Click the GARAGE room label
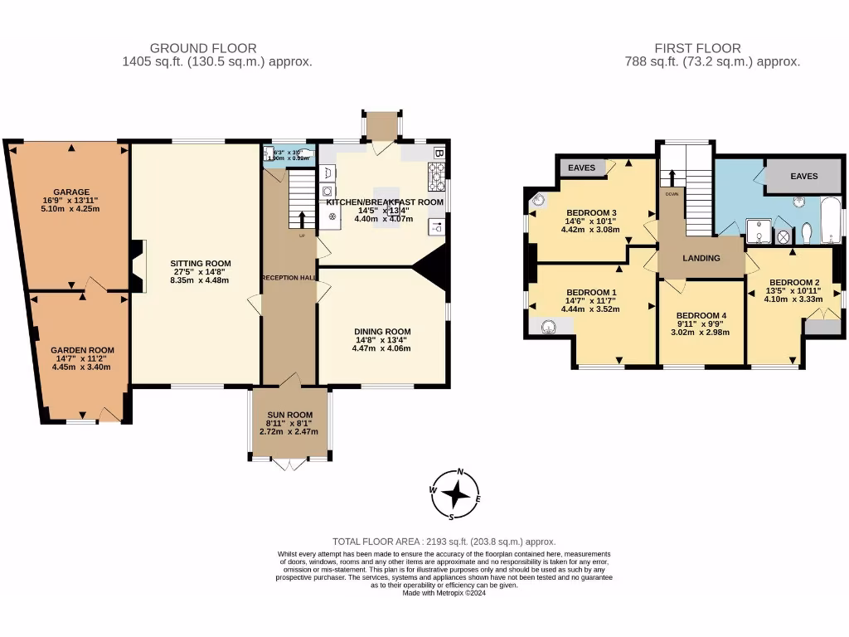pyautogui.click(x=71, y=192)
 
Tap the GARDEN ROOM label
pyautogui.click(x=82, y=350)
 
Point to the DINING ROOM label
pyautogui.click(x=383, y=332)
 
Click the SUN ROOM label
pyautogui.click(x=289, y=415)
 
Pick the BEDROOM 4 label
pyautogui.click(x=701, y=316)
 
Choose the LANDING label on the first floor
pyautogui.click(x=701, y=259)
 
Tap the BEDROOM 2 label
pyautogui.click(x=793, y=281)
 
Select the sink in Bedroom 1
pyautogui.click(x=548, y=326)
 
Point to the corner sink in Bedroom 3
pyautogui.click(x=536, y=199)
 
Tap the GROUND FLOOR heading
pyautogui.click(x=203, y=48)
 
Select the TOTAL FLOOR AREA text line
pyautogui.click(x=444, y=541)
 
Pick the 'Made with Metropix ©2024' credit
pyautogui.click(x=444, y=592)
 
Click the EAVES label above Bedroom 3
pyautogui.click(x=582, y=168)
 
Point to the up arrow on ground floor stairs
pyautogui.click(x=300, y=218)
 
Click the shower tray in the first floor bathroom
pyautogui.click(x=759, y=230)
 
